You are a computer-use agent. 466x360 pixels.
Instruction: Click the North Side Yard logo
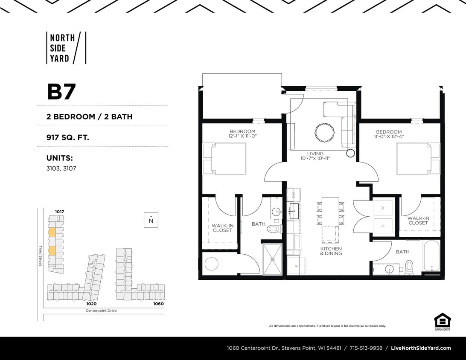66,48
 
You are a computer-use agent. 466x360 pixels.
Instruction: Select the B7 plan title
61,92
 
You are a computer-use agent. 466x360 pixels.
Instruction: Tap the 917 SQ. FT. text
68,137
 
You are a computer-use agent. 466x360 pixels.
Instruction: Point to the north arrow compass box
151,220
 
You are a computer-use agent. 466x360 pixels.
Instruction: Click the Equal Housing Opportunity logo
443,322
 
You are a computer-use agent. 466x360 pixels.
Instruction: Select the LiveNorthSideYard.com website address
421,348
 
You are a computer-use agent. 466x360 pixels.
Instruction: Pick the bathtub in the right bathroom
431,256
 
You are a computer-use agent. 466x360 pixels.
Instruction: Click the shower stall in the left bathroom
272,259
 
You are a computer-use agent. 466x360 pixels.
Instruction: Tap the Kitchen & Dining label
331,251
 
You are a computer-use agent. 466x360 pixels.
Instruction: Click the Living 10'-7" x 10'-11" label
315,156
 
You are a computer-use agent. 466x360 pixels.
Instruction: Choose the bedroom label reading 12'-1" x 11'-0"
242,134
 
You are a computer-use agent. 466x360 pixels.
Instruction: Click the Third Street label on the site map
41,255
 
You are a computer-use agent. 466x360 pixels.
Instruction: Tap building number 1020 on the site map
91,304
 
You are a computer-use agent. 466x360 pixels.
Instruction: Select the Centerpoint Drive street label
101,311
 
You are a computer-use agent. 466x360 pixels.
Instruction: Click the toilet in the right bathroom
409,267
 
